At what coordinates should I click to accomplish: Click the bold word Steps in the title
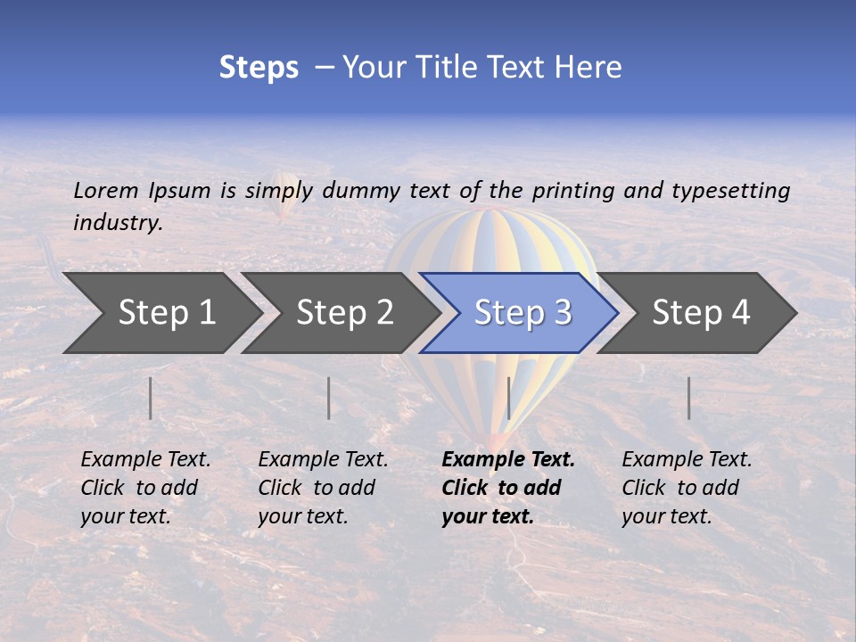tap(259, 67)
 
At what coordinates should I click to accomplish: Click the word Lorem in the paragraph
tap(106, 190)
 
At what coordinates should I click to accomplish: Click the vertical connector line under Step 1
tap(151, 398)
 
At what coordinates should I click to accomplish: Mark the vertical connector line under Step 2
tap(329, 398)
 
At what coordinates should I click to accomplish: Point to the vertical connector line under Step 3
tap(508, 398)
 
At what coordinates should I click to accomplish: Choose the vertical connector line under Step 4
tap(688, 398)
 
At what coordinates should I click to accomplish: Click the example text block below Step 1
tap(145, 488)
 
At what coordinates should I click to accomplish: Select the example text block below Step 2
tap(323, 488)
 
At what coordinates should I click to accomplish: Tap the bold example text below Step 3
tap(507, 488)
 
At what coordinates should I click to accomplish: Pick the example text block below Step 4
tap(687, 488)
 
